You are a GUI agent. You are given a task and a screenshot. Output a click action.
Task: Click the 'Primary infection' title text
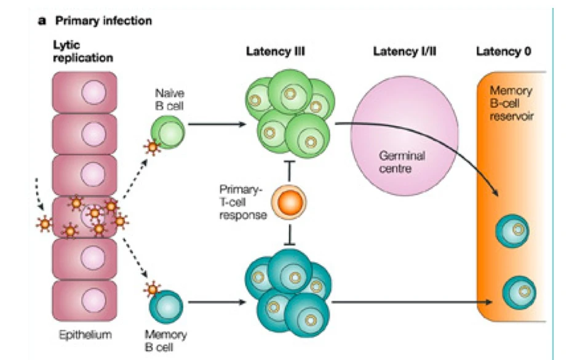(x=103, y=21)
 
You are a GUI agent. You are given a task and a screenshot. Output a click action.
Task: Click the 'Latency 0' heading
(x=504, y=52)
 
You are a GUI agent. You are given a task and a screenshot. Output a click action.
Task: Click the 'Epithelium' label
(x=84, y=337)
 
